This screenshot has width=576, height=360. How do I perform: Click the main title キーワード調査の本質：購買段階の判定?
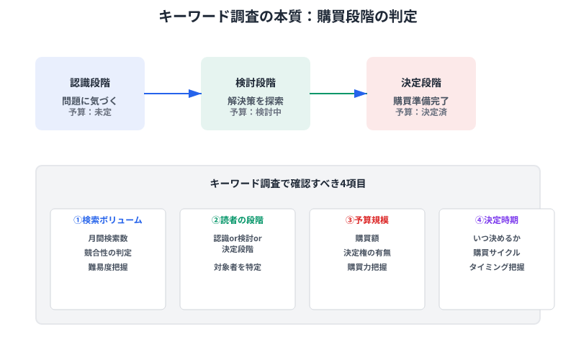pos(288,17)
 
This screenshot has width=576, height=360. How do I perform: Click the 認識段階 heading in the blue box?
pos(90,83)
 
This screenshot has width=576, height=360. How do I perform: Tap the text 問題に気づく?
pos(90,101)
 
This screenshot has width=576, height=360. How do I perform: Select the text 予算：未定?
pos(90,112)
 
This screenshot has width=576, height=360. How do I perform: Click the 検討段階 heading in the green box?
pos(256,83)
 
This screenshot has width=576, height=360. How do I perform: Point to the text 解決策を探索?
pos(256,101)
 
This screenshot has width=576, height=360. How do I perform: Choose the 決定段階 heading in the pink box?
pos(421,83)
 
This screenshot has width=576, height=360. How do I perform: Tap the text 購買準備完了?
pos(421,101)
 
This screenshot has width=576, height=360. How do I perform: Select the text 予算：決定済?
pos(421,112)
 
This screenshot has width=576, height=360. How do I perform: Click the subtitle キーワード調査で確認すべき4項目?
pos(288,184)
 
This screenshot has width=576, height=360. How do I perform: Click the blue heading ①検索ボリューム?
pos(108,220)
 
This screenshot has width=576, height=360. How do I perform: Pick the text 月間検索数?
pos(108,238)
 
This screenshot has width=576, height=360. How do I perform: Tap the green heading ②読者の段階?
pos(238,220)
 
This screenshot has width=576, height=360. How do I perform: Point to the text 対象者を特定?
pos(238,267)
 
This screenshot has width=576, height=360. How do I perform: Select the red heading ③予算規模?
pos(367,220)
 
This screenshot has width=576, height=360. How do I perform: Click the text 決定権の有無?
pos(367,253)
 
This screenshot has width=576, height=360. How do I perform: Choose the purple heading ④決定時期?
pos(497,220)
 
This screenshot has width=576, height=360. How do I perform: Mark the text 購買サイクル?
pos(497,253)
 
